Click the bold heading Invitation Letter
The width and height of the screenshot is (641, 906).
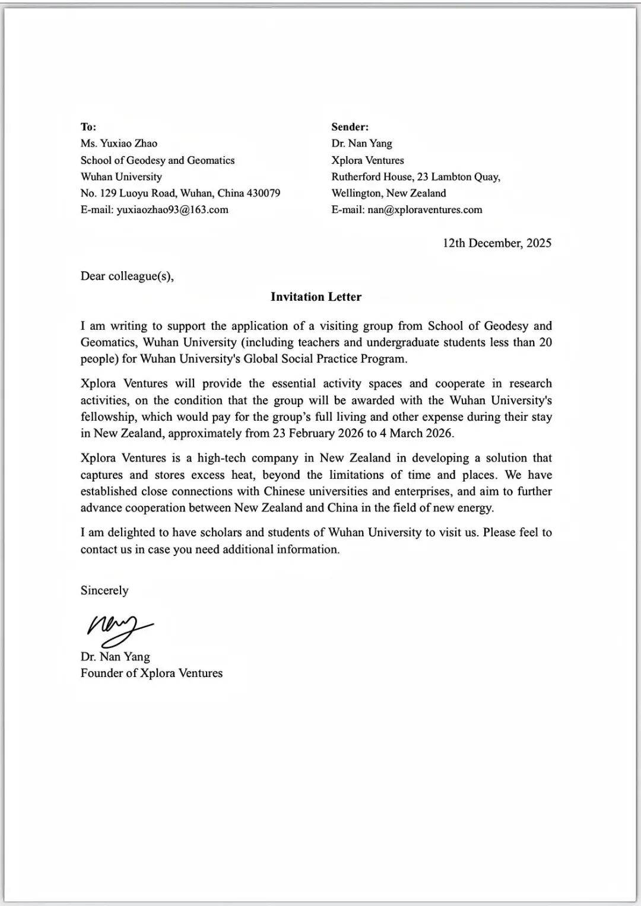coord(316,297)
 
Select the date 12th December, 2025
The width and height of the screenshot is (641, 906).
coord(497,243)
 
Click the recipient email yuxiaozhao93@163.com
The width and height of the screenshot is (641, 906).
coord(172,209)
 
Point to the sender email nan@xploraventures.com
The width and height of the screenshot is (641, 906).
coord(424,209)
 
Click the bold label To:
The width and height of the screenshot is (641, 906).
coord(88,126)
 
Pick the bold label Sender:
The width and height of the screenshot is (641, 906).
coord(350,126)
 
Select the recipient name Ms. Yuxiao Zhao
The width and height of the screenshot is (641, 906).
coord(119,143)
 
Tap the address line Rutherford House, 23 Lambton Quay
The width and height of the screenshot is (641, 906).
coord(415,176)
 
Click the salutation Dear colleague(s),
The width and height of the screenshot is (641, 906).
coord(127,276)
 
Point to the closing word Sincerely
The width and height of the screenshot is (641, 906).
coord(104,590)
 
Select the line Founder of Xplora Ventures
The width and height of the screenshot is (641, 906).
coord(151,673)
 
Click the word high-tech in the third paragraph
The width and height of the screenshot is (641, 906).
coord(221,458)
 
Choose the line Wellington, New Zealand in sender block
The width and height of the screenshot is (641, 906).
coord(389,193)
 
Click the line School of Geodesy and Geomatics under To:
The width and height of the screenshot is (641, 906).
coord(157,160)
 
